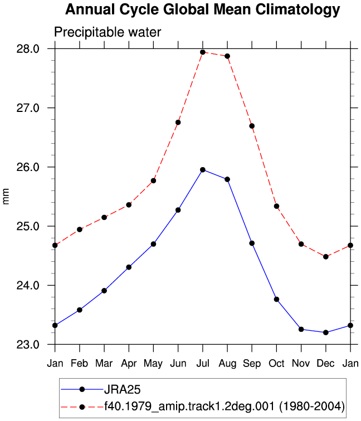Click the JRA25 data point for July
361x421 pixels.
[203, 170]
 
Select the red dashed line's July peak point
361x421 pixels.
[203, 52]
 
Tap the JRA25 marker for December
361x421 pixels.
[326, 332]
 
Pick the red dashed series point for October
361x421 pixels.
[277, 206]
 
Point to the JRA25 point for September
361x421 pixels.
[252, 243]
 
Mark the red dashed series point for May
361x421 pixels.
[153, 180]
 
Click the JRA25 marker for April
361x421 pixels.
[129, 267]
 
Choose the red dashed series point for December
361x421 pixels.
[326, 257]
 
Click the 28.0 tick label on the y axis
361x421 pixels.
[28, 49]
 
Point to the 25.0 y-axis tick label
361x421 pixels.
[28, 226]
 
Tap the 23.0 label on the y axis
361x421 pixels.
[28, 345]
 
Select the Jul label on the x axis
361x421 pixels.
[203, 363]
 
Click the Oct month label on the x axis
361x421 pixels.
[277, 363]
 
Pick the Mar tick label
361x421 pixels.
[104, 363]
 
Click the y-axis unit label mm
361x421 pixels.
[6, 196]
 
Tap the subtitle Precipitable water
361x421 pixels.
[108, 32]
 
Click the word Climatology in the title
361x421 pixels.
[297, 9]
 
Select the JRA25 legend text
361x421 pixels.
[122, 390]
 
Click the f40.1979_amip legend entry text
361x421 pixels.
[225, 406]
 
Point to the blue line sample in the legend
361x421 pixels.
[82, 389]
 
